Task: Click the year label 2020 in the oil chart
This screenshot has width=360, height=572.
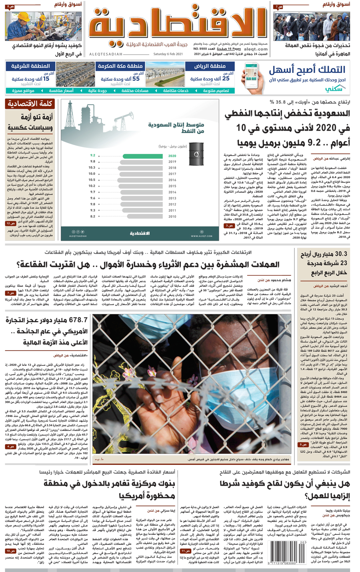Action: (x=172, y=156)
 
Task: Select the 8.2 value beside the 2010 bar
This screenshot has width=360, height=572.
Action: (x=93, y=216)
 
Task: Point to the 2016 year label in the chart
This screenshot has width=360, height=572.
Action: (x=172, y=180)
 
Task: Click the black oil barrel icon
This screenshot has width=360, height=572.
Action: (x=196, y=153)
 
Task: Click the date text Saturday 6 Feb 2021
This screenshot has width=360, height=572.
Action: (x=168, y=54)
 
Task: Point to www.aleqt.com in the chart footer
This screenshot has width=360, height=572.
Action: (x=202, y=236)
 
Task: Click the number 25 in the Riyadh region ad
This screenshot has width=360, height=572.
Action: (x=226, y=79)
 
